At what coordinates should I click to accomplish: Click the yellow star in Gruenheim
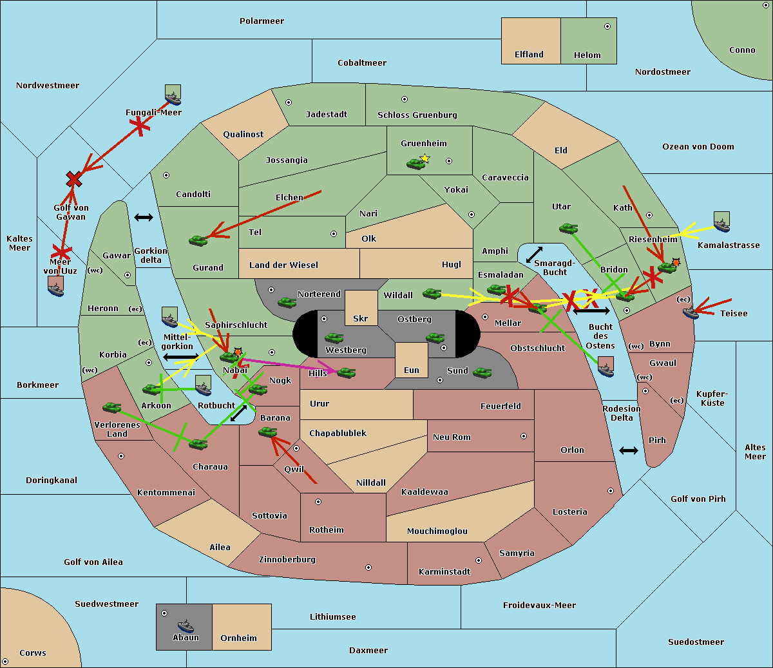pos(425,158)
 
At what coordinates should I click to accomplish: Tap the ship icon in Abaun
pos(186,625)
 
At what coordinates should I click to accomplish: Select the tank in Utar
pos(568,228)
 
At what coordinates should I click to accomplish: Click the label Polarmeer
pos(262,21)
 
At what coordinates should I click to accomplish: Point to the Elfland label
pos(529,55)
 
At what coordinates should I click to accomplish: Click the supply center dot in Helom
pos(607,26)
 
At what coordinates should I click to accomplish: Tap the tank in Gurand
pos(198,240)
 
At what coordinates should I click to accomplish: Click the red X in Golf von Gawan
pos(74,179)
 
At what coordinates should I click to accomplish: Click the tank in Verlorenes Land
pos(112,408)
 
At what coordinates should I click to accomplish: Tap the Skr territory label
pos(360,319)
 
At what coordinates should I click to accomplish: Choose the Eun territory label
pos(411,370)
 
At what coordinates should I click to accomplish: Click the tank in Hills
pos(347,372)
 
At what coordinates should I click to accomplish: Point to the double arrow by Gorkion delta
pos(143,218)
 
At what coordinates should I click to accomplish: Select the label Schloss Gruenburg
pos(417,115)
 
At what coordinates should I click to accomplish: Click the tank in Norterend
pos(287,302)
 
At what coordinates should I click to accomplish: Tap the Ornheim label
pos(238,638)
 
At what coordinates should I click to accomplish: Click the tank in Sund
pos(482,372)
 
